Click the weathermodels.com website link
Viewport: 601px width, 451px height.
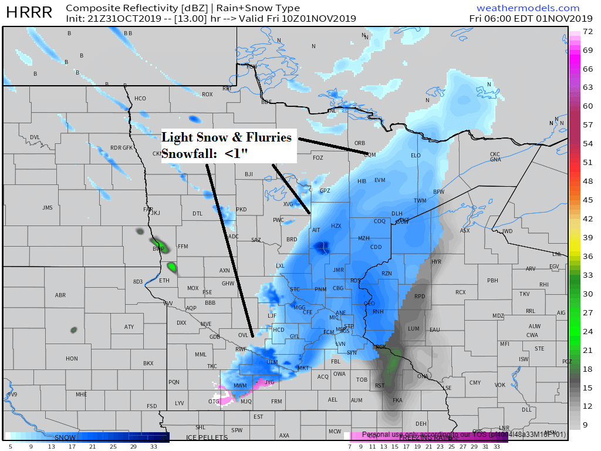click(528, 8)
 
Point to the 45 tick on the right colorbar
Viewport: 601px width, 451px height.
click(587, 200)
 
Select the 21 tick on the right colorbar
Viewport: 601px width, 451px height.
click(587, 350)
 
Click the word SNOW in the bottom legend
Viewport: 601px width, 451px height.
click(65, 437)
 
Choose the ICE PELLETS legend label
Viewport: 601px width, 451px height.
click(206, 437)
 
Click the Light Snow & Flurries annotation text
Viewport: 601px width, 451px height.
click(227, 137)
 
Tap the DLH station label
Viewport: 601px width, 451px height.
click(397, 214)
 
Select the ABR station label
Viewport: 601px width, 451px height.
click(60, 295)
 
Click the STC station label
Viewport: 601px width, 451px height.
click(295, 290)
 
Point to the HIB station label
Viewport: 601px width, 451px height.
click(362, 181)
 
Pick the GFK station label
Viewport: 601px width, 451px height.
click(127, 148)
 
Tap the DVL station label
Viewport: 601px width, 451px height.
click(35, 137)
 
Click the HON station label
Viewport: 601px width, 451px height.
click(72, 359)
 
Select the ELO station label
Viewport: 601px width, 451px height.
click(416, 156)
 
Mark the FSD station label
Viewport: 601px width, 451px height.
click(152, 406)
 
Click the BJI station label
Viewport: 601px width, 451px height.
click(248, 174)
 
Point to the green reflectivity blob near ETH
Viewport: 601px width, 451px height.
click(171, 267)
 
